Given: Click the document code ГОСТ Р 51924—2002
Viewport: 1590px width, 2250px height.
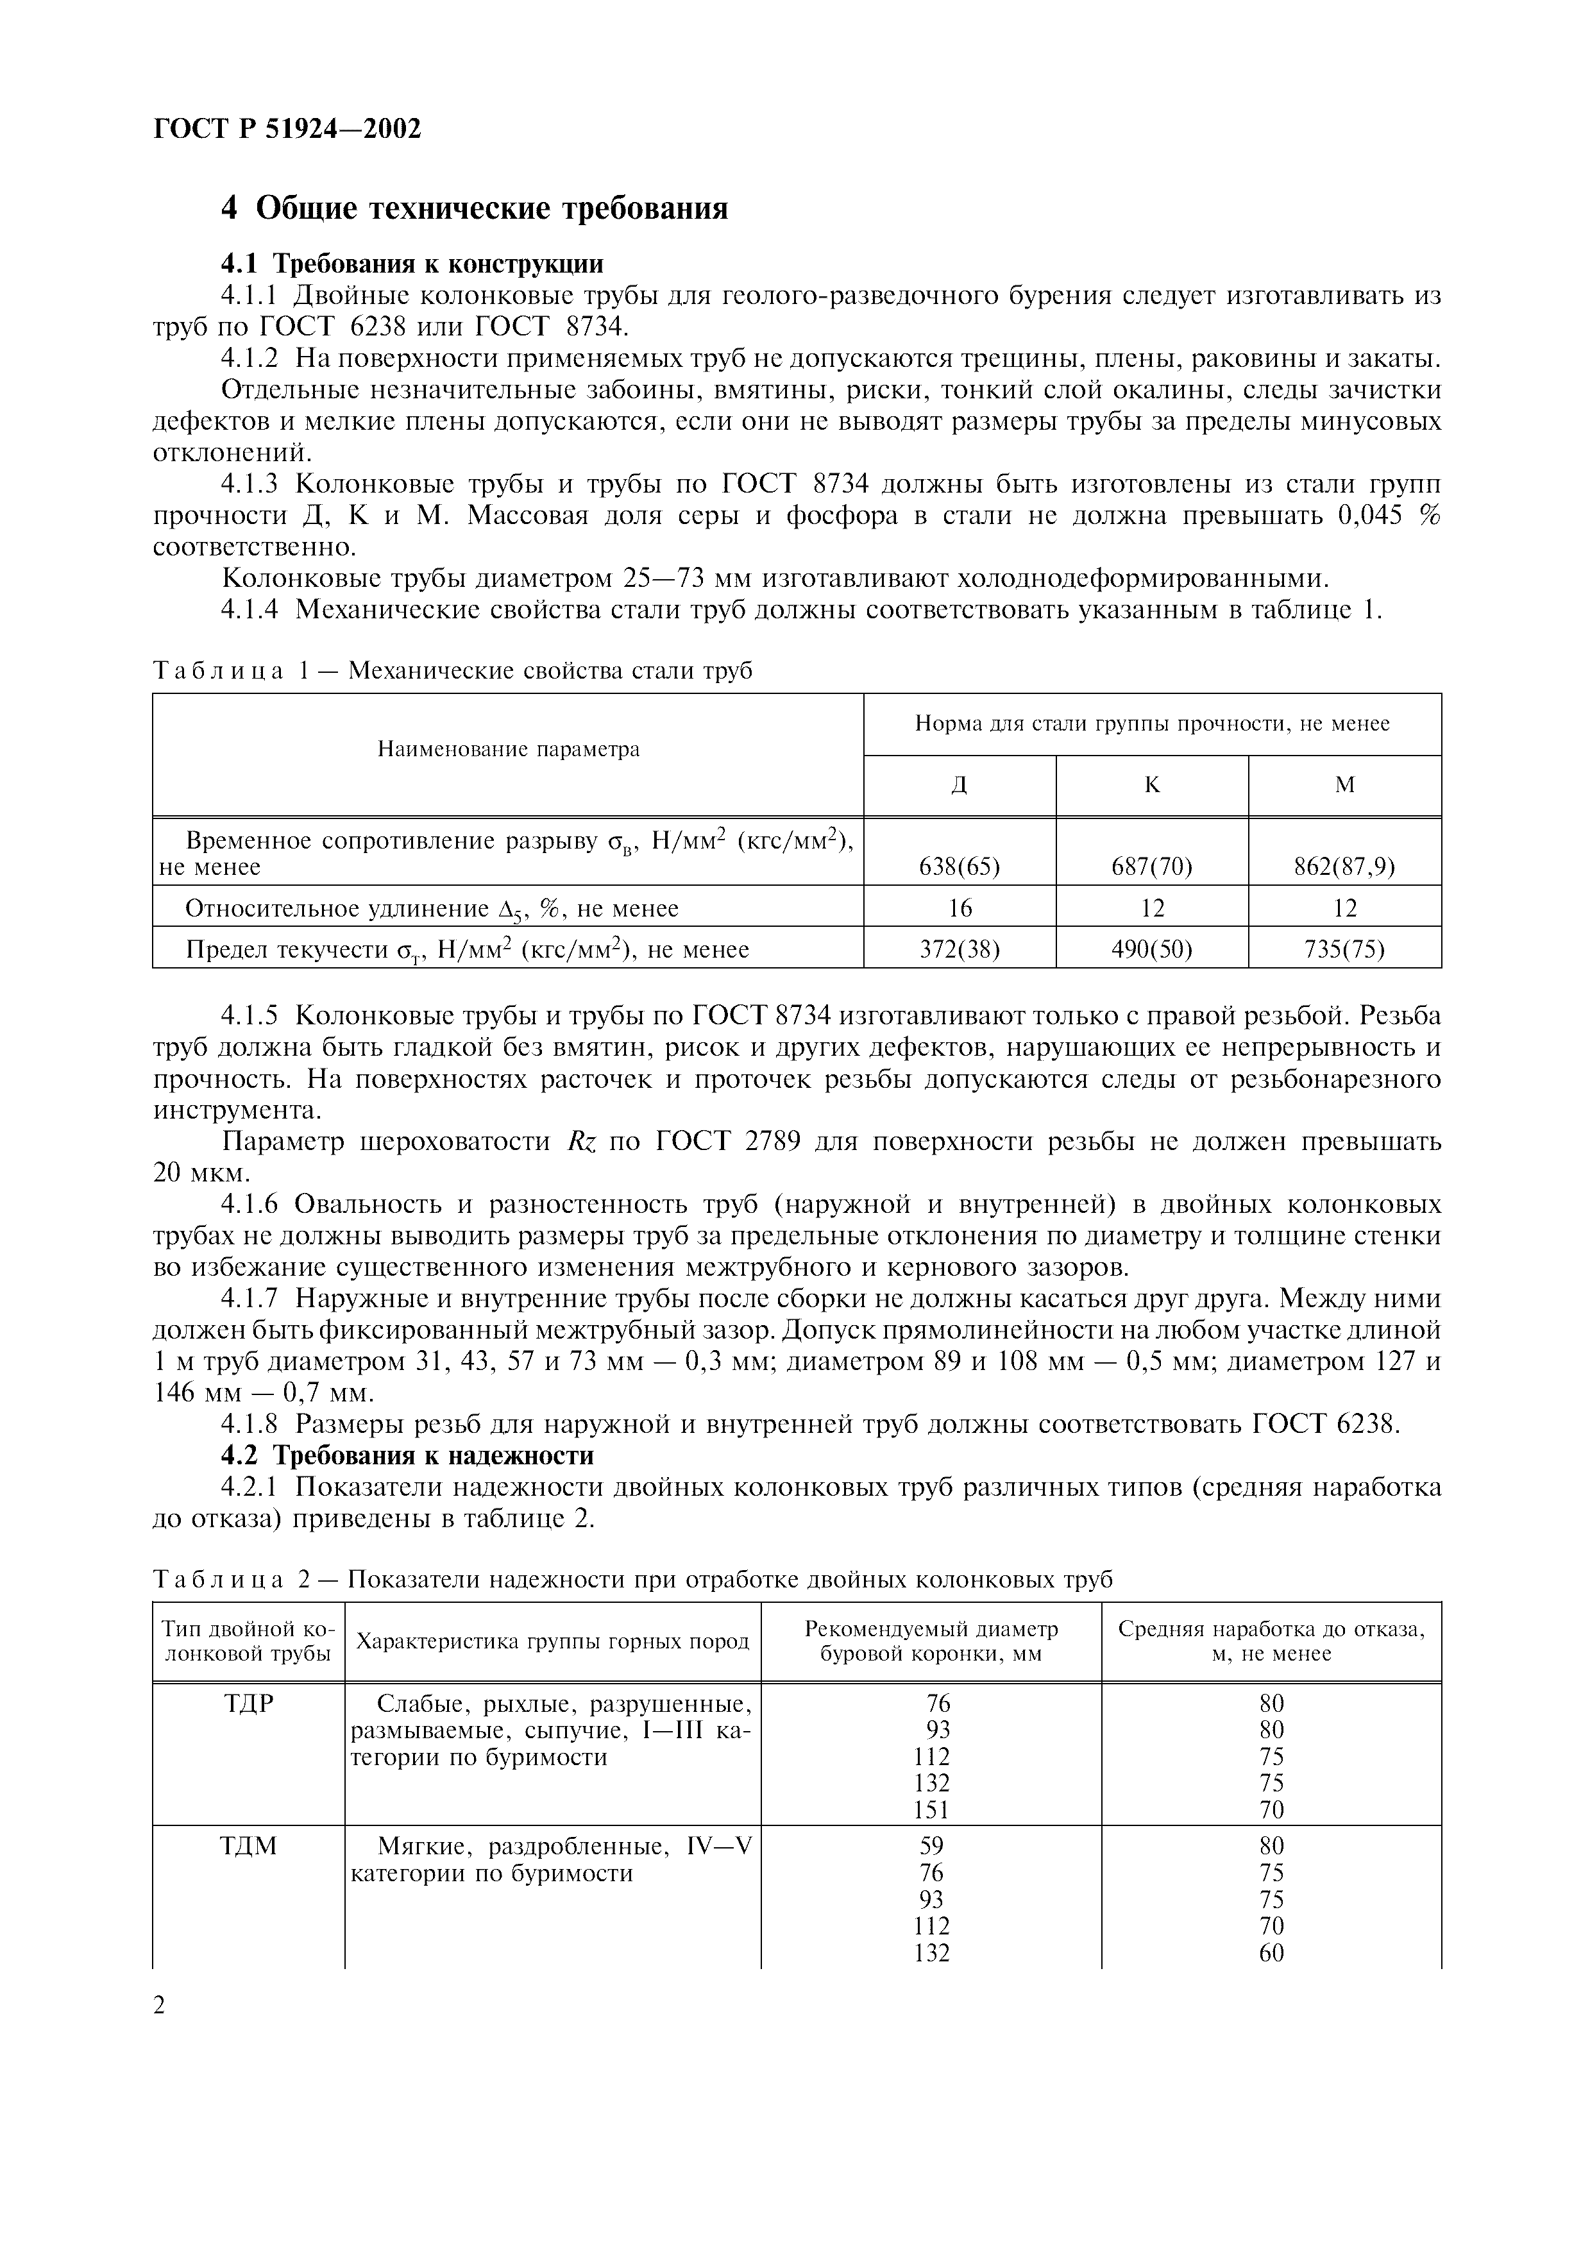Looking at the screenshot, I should point(287,128).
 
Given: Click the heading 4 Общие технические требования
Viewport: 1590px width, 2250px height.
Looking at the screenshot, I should point(474,208).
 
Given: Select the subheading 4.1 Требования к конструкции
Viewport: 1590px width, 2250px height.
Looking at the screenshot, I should point(412,264).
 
